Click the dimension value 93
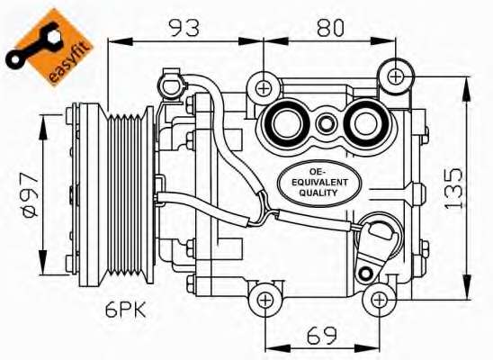(185, 27)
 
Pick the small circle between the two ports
(326, 123)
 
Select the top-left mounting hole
(263, 87)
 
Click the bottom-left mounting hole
(264, 300)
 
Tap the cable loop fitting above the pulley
(171, 85)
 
